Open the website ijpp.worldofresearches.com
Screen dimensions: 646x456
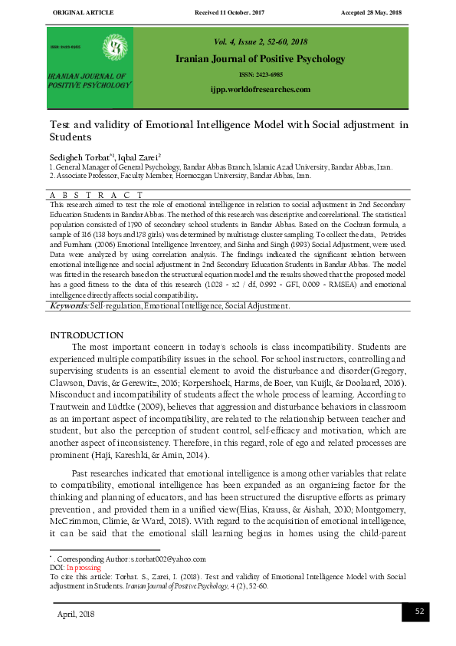pyautogui.click(x=260, y=90)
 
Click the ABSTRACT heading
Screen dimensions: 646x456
pyautogui.click(x=96, y=196)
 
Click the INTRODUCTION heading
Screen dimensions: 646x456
pyautogui.click(x=86, y=335)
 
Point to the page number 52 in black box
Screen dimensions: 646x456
pyautogui.click(x=419, y=611)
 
